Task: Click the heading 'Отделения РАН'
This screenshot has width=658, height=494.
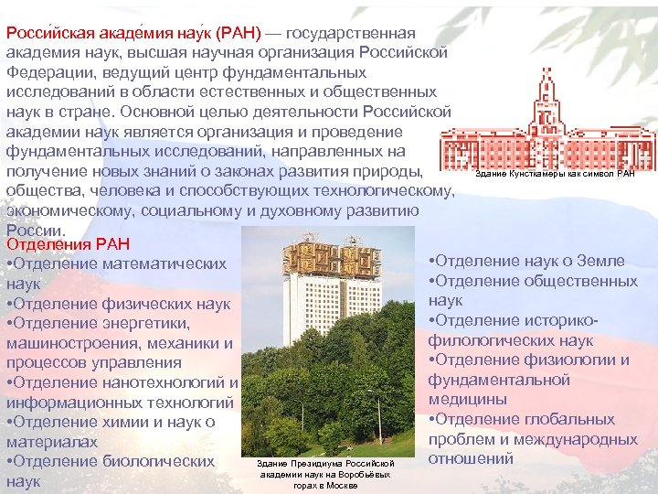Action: pos(69,244)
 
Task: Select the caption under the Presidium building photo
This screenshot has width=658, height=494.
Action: pos(325,474)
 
